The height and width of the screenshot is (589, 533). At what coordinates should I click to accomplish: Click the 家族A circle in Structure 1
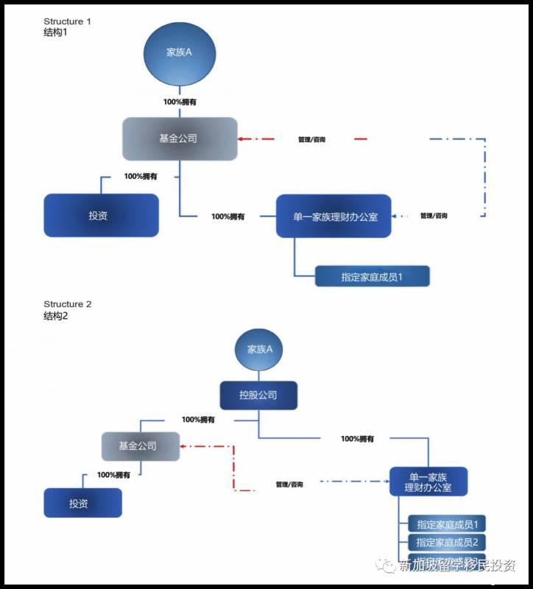[x=180, y=53]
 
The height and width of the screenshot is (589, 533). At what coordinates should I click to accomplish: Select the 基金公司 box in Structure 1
[x=180, y=138]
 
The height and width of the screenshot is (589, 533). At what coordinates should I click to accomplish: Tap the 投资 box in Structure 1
[x=101, y=215]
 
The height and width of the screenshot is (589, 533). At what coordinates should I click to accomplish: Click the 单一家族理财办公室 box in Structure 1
[x=331, y=216]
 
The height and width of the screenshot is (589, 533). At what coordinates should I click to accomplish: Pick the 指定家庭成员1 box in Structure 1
[x=372, y=276]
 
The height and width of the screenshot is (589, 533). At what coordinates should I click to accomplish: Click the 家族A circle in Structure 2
[x=260, y=350]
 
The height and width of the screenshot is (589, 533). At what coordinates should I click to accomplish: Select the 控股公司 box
[x=258, y=395]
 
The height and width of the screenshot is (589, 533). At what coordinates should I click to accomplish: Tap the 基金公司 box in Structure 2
[x=140, y=446]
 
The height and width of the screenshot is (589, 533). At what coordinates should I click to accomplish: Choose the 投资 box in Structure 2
[x=82, y=503]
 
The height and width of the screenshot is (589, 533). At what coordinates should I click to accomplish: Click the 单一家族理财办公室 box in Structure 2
[x=428, y=481]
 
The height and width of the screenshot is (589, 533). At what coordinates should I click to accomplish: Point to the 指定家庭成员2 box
[x=447, y=543]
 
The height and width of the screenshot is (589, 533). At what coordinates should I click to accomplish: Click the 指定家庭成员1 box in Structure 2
[x=447, y=525]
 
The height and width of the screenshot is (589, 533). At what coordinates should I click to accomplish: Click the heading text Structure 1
[x=67, y=21]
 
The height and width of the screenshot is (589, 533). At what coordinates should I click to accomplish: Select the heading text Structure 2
[x=67, y=304]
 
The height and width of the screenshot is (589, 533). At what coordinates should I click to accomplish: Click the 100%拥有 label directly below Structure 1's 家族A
[x=180, y=102]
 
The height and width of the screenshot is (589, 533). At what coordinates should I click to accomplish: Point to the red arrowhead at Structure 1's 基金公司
[x=241, y=138]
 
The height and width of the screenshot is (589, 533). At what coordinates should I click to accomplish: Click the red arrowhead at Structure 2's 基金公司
[x=183, y=446]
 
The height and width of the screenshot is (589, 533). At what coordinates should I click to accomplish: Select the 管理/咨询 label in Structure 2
[x=289, y=484]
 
